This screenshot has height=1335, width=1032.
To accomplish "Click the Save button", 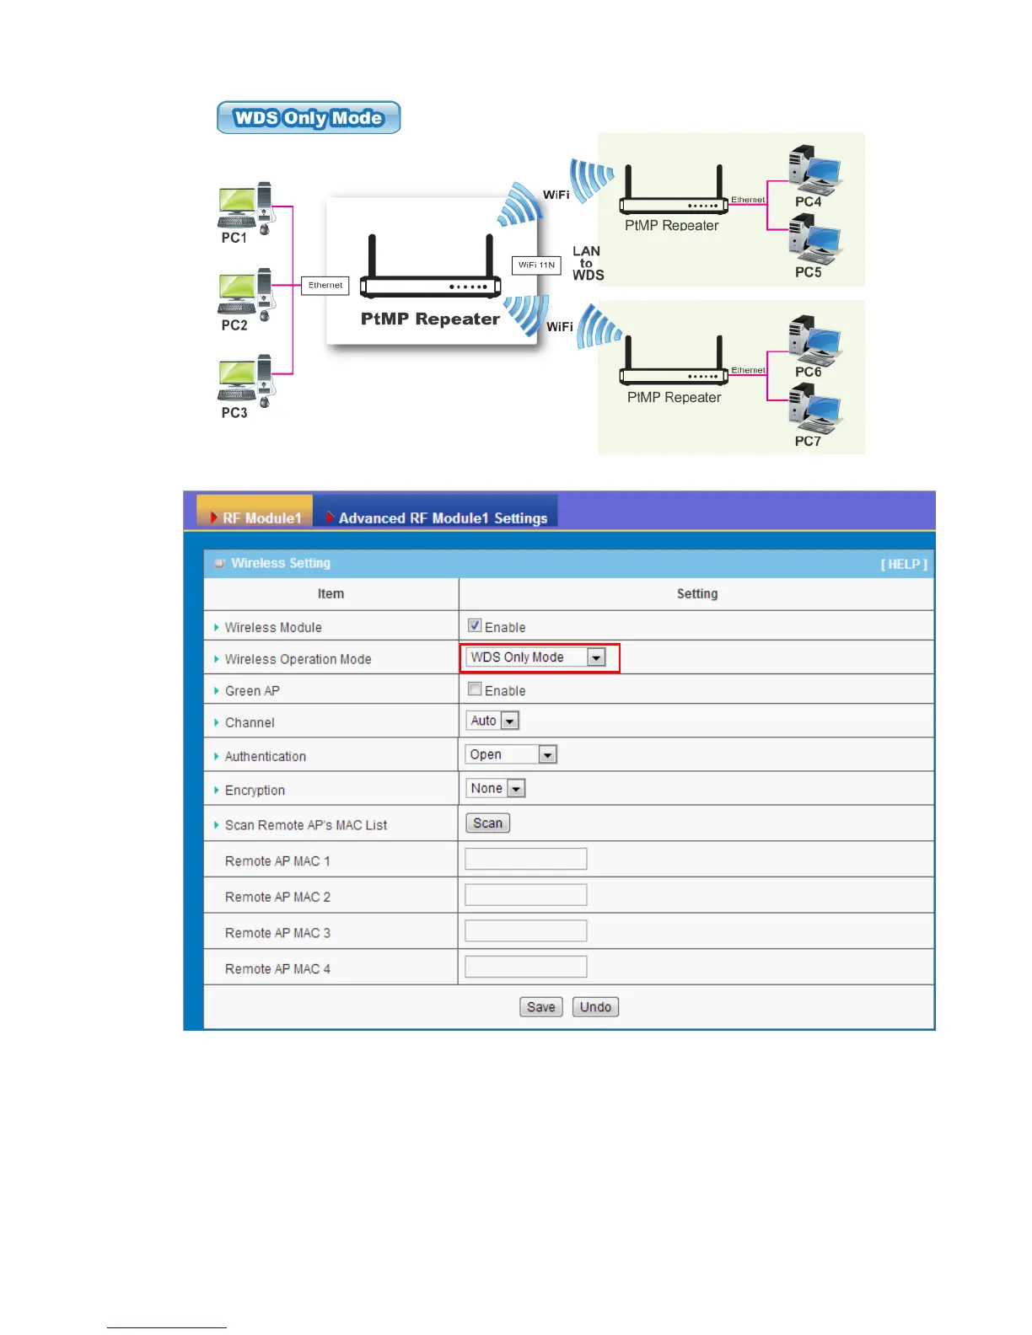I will click(540, 1007).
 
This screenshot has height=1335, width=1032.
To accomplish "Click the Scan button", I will click(487, 823).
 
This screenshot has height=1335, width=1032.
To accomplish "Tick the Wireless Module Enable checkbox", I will click(475, 625).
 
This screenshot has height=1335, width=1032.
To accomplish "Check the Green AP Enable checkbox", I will click(475, 689).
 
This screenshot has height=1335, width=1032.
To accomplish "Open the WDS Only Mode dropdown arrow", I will click(596, 657).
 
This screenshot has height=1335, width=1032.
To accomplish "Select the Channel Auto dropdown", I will click(492, 721).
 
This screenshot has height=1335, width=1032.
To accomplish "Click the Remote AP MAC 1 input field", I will click(525, 860).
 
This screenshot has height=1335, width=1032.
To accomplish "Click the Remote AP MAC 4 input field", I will click(525, 968).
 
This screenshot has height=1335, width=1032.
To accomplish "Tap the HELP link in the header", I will click(904, 564).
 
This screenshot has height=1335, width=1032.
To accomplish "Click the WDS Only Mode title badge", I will click(309, 118).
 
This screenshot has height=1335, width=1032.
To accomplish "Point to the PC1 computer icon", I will click(246, 207).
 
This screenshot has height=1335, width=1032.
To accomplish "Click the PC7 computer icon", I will click(814, 408).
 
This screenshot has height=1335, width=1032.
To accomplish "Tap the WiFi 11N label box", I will click(536, 265).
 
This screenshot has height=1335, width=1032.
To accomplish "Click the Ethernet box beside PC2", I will click(325, 286).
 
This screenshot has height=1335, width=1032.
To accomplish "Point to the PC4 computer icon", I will click(814, 169).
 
